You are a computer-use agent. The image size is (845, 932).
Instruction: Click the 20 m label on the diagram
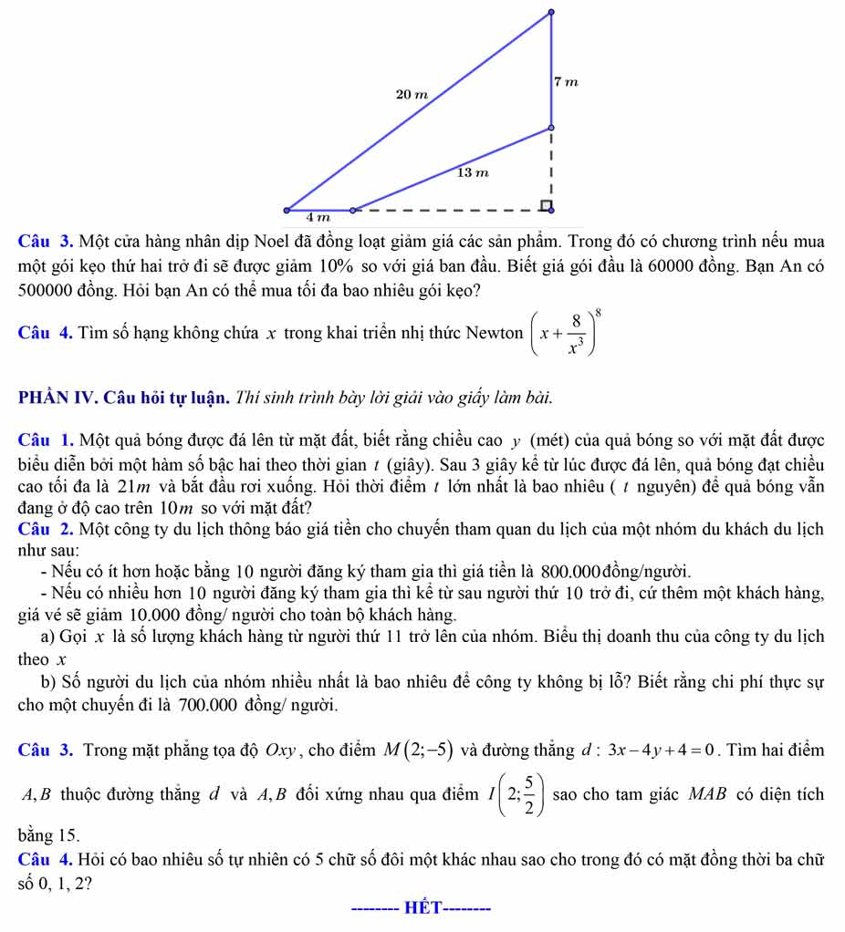tap(412, 94)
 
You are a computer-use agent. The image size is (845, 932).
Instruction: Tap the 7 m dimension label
tap(566, 82)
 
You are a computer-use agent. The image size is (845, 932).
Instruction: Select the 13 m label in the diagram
tap(473, 171)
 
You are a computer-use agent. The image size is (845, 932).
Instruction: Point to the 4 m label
tap(318, 218)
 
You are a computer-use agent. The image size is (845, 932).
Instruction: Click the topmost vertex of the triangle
tap(550, 12)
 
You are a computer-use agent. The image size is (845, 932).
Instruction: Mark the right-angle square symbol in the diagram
tap(545, 204)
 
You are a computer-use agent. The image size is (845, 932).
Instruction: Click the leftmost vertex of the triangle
tap(287, 211)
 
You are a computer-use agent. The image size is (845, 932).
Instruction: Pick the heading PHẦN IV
tap(57, 398)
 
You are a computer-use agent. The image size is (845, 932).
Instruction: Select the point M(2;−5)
tap(417, 751)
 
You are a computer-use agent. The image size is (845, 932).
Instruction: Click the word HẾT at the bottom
tap(422, 908)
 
